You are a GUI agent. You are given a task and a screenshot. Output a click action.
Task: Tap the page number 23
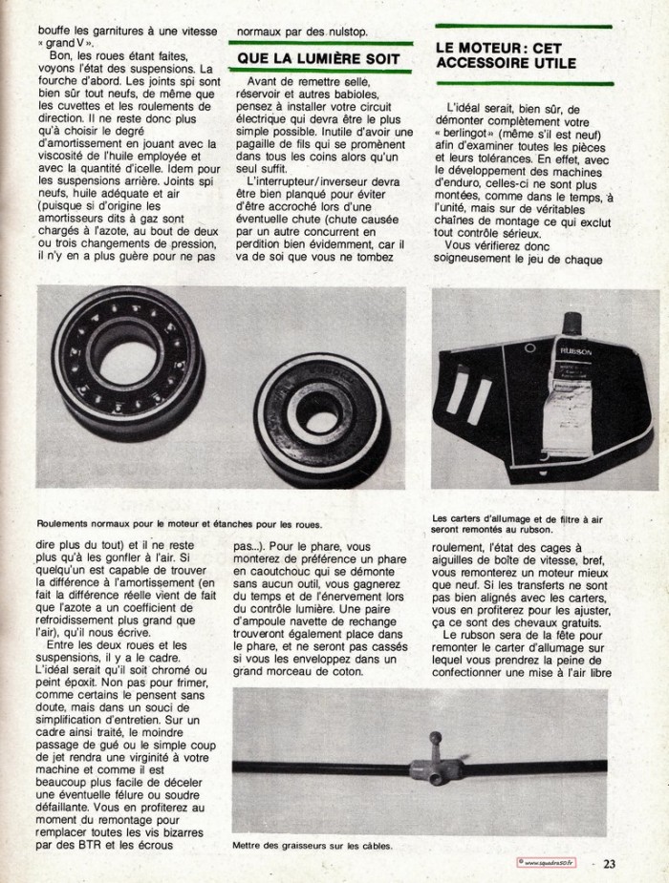click(610, 864)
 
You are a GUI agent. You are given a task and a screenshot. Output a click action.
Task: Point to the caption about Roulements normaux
click(180, 523)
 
